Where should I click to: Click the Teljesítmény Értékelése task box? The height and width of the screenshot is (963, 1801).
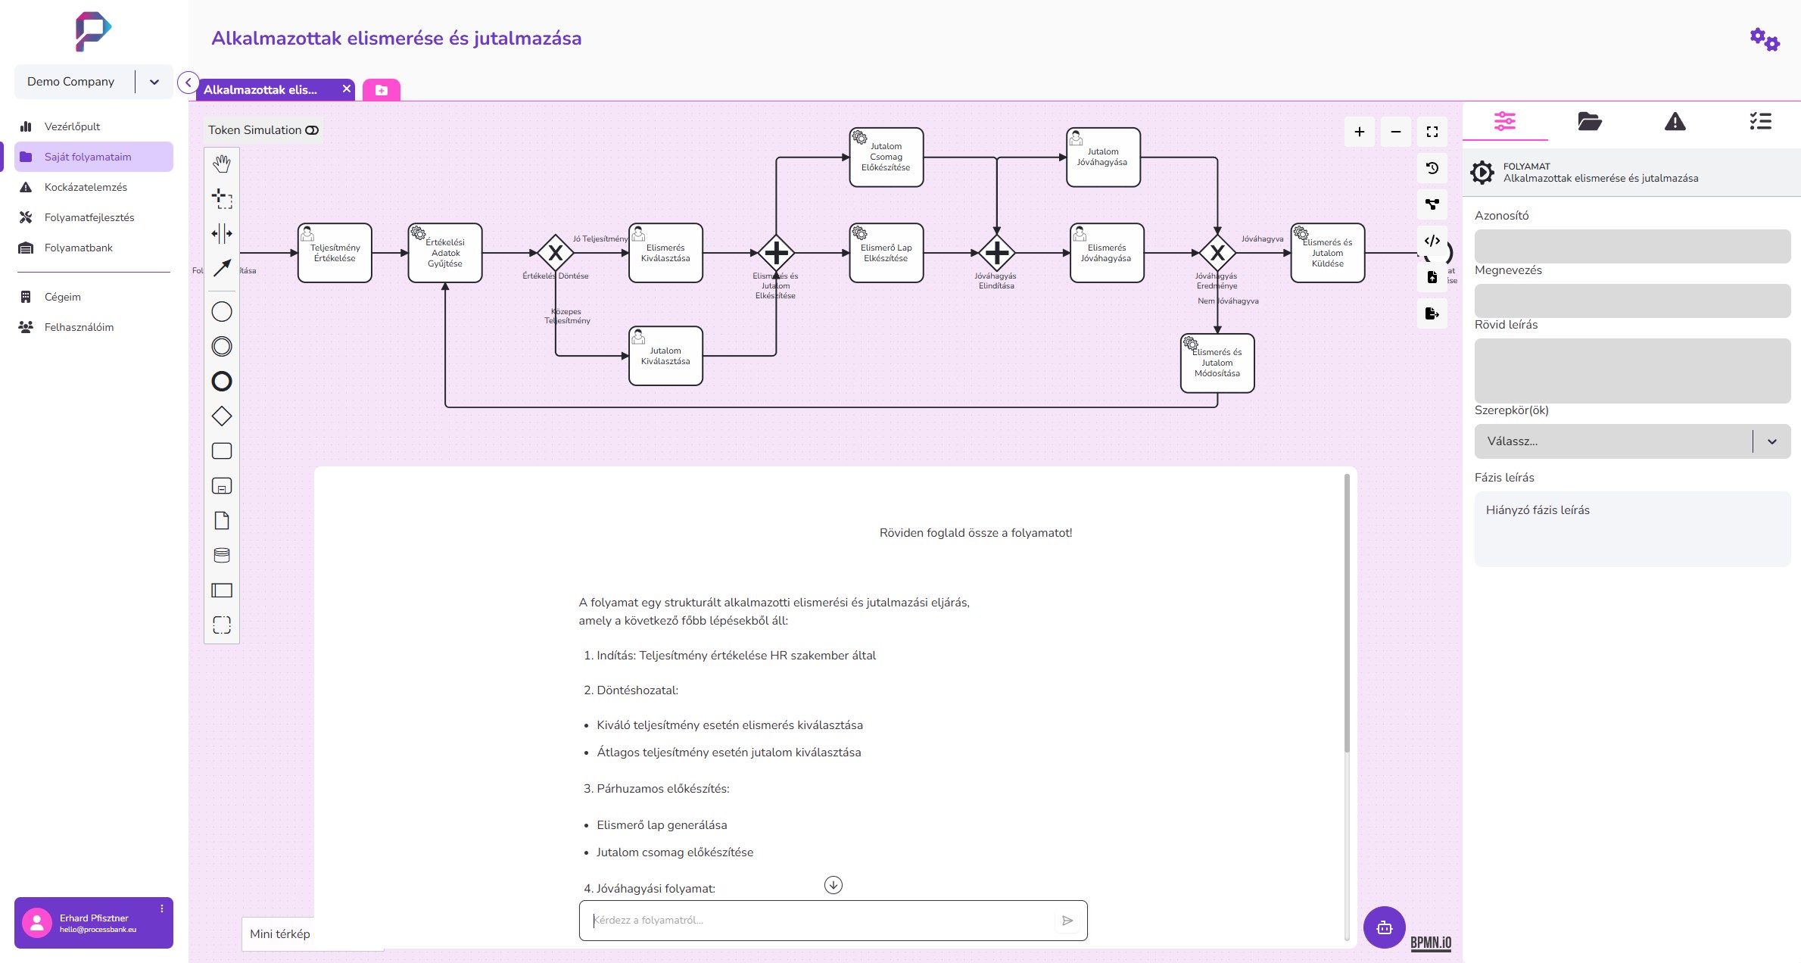(335, 253)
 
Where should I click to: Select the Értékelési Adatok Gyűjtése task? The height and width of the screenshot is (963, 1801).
(445, 253)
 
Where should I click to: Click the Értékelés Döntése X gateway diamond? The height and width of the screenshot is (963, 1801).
(556, 253)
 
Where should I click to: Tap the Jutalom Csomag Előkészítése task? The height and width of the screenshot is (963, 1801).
(886, 157)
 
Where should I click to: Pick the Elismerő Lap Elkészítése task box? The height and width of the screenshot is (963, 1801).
(886, 253)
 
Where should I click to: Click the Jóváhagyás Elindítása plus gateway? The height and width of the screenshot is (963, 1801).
(996, 253)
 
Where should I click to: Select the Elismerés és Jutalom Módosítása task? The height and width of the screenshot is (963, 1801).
(1217, 363)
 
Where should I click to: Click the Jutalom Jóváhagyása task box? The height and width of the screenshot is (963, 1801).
(1103, 157)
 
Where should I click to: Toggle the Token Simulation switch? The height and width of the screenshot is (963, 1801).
(312, 130)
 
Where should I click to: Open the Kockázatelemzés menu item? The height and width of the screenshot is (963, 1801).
(86, 187)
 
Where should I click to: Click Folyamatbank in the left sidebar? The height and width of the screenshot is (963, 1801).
(78, 248)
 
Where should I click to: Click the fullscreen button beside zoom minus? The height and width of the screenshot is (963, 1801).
(1432, 132)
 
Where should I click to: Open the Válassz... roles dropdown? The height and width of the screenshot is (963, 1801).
(1631, 441)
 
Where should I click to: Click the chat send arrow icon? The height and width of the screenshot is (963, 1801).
(1067, 921)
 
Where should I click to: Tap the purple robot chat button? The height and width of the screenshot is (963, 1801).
(1384, 927)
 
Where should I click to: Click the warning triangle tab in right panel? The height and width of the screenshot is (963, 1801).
(1675, 121)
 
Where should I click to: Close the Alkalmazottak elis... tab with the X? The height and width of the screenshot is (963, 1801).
(347, 89)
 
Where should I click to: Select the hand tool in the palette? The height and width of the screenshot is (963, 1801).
(222, 164)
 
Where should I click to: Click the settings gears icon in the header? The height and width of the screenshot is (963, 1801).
(1765, 39)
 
